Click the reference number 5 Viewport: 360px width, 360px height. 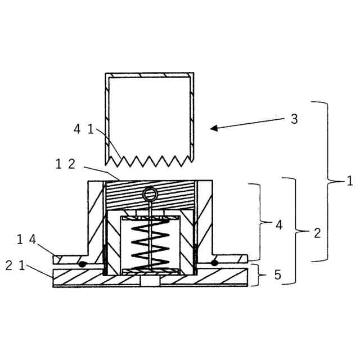tap(277, 276)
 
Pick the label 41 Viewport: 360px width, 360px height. tap(83, 129)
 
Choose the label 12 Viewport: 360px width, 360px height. tap(66, 164)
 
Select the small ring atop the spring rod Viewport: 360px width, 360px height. tap(150, 195)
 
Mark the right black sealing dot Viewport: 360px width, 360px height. tap(215, 263)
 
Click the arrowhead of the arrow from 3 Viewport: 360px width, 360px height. tap(213, 129)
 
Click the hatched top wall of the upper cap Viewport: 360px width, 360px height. tap(150, 74)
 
